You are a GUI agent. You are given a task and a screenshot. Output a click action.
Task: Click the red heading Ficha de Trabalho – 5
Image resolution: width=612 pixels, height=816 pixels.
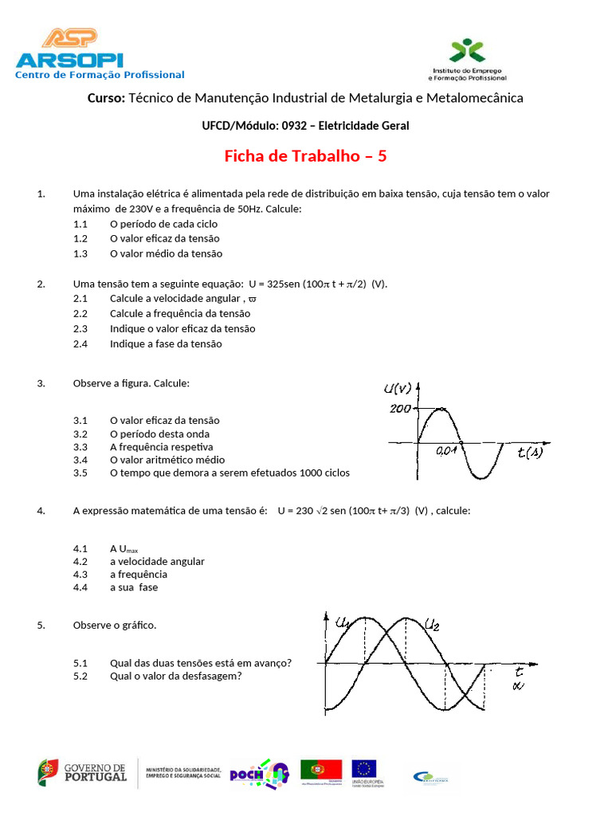coord(305,156)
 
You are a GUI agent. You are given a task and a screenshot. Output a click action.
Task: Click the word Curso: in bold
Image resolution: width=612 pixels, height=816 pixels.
coord(106,98)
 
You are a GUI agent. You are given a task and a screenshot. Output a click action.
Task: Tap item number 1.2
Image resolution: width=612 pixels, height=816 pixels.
coord(80,238)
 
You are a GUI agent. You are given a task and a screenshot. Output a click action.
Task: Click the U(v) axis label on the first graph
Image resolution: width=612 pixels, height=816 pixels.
coord(397,389)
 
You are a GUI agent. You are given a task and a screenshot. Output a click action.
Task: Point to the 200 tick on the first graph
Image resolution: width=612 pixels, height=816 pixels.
coord(400,409)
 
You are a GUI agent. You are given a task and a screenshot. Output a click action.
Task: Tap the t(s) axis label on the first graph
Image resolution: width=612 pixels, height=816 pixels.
coord(530,453)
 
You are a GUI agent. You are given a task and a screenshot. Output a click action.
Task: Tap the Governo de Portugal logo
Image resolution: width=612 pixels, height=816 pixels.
coord(82,772)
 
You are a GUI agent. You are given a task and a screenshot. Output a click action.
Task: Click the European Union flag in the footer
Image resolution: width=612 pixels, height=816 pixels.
coord(365,769)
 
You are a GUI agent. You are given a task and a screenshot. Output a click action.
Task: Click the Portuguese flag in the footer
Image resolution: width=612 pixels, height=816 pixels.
coord(321,769)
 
